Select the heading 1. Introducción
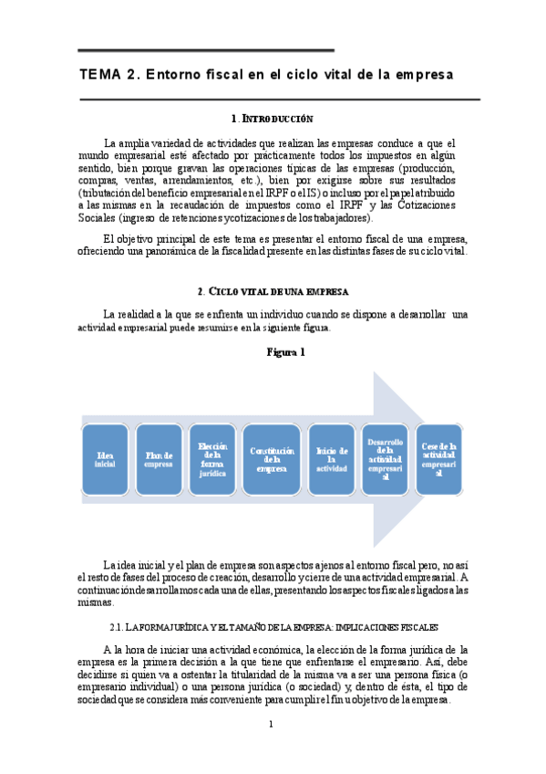point(273,119)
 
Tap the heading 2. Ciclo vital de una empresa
point(273,291)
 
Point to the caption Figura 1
point(285,351)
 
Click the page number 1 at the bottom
point(271,725)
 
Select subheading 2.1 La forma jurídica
point(273,627)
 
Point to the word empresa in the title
point(422,74)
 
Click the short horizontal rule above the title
point(206,50)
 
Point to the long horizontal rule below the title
point(279,99)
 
